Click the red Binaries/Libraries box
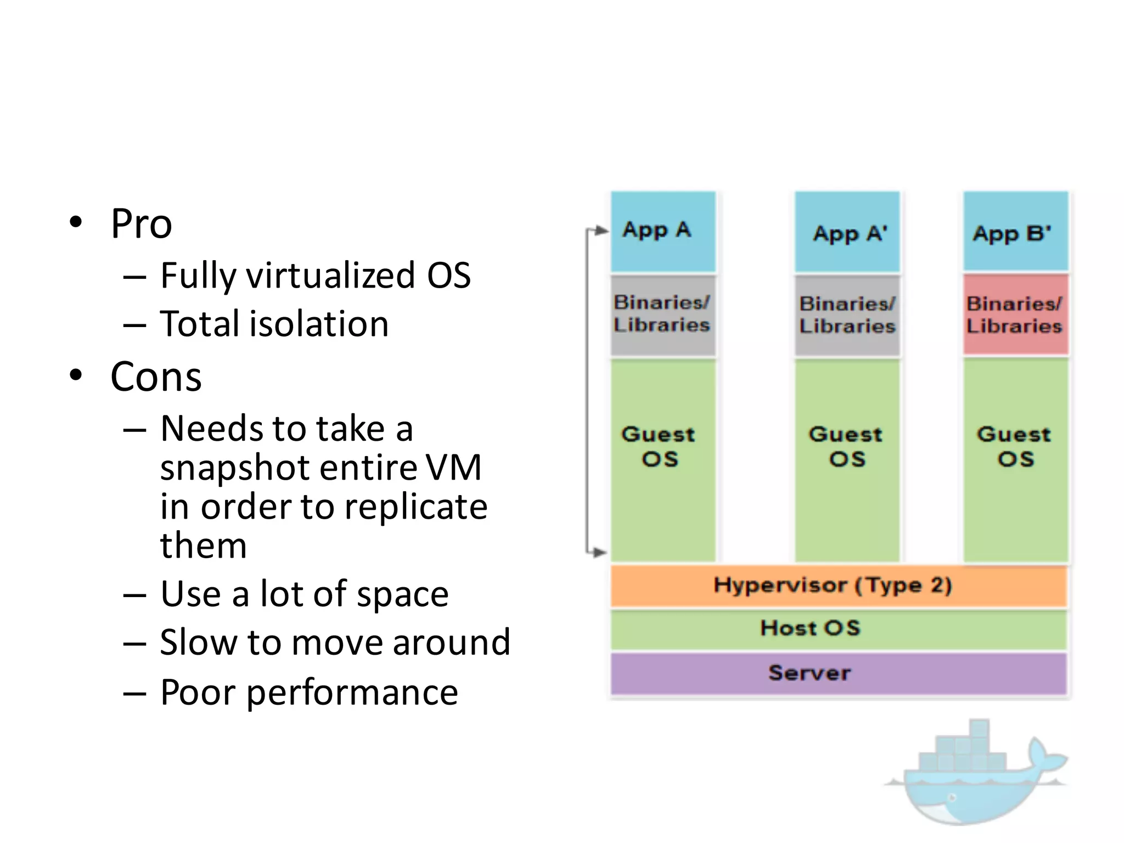coord(1015,315)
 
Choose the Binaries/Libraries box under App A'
coord(847,315)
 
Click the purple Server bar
coord(839,673)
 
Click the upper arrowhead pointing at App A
coord(603,230)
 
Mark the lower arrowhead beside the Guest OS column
coord(601,552)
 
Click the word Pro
coord(142,224)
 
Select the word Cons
coord(156,378)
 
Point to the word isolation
coord(319,324)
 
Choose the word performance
coord(352,693)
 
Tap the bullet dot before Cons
coord(76,376)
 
